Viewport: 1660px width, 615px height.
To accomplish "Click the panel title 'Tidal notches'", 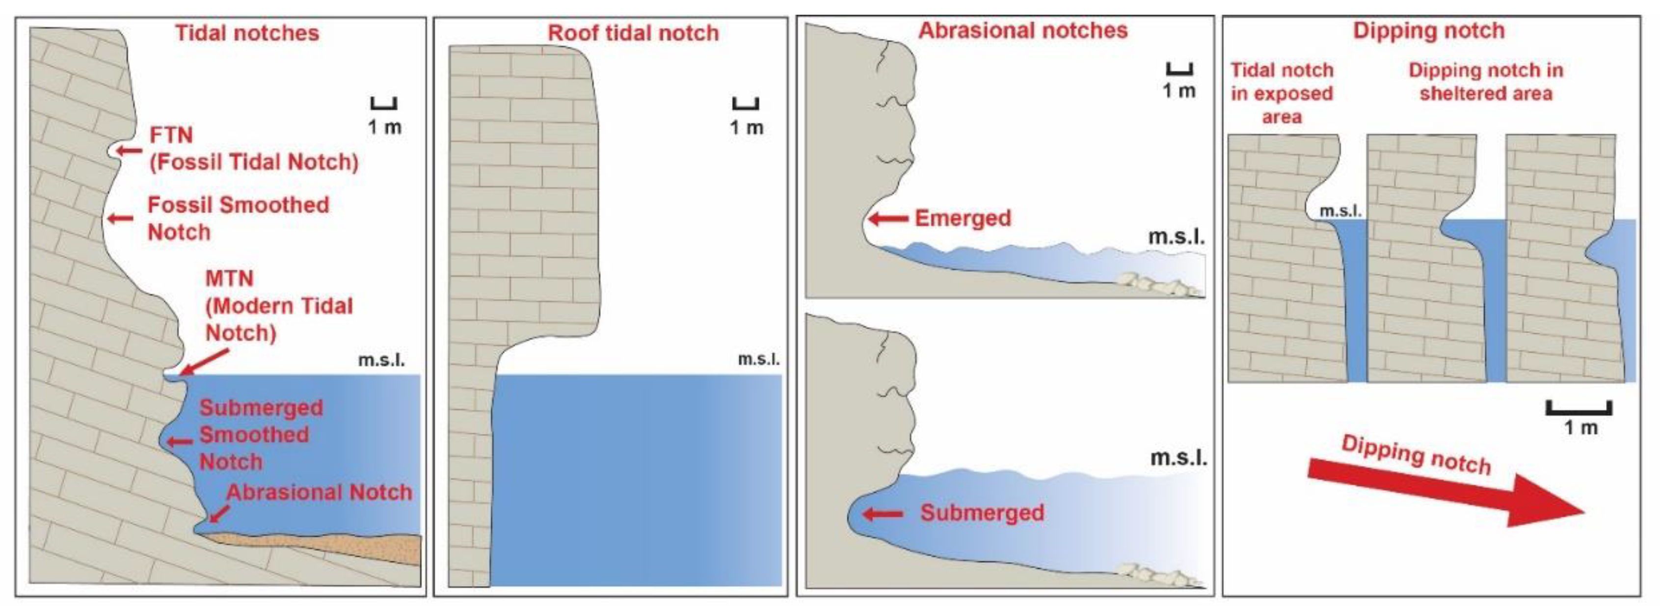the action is click(x=247, y=33).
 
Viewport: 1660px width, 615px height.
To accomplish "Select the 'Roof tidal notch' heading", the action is click(x=633, y=33).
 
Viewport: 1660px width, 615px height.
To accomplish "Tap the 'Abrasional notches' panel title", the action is click(x=1023, y=30).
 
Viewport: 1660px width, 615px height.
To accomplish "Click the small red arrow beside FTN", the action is click(x=130, y=151).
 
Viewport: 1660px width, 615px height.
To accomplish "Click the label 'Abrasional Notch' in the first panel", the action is click(x=319, y=492).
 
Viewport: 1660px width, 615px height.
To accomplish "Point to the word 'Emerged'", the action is click(x=963, y=218).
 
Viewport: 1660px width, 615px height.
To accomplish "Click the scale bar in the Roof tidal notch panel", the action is click(x=746, y=104).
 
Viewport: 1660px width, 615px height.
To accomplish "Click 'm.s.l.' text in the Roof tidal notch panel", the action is click(x=758, y=359).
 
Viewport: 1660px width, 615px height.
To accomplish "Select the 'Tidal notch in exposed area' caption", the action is click(x=1282, y=93).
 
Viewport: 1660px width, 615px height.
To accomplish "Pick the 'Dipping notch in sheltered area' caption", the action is click(x=1485, y=82).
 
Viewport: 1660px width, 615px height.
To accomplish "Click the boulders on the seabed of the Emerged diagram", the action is click(x=1151, y=284).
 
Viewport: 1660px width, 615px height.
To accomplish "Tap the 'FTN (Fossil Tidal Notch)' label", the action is click(x=253, y=149).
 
